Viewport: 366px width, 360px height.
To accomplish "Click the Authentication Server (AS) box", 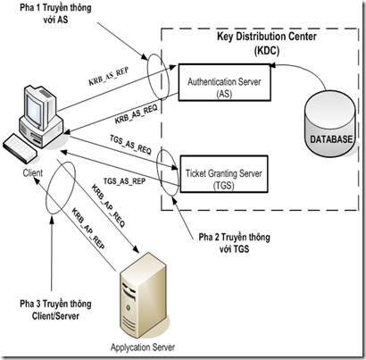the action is (x=224, y=82).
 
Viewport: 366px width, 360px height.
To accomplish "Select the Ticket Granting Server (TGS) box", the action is (x=224, y=174).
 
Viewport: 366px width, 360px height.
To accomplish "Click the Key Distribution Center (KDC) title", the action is (x=267, y=44).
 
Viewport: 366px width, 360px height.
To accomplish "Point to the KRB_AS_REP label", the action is (x=108, y=76).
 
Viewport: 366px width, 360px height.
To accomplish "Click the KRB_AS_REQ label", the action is (x=136, y=114).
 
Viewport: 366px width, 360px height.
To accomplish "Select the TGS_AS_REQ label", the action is (x=130, y=145).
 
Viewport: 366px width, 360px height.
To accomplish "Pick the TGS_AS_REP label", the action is (x=124, y=181).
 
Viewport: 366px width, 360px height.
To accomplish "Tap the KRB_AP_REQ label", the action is (x=108, y=206).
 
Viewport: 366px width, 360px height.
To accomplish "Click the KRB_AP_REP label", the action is (x=88, y=229).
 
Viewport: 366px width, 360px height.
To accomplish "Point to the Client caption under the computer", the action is (x=33, y=172).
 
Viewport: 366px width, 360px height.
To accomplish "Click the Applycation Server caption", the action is (x=143, y=347).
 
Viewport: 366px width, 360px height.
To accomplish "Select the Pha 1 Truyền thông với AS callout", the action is (x=55, y=13).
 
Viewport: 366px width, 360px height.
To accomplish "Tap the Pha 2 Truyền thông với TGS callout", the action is (x=235, y=243).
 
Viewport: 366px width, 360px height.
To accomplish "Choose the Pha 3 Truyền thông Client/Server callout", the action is (x=55, y=310).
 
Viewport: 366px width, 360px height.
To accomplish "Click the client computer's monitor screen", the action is (x=34, y=108).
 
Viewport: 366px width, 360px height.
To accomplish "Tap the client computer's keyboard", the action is (x=20, y=148).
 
